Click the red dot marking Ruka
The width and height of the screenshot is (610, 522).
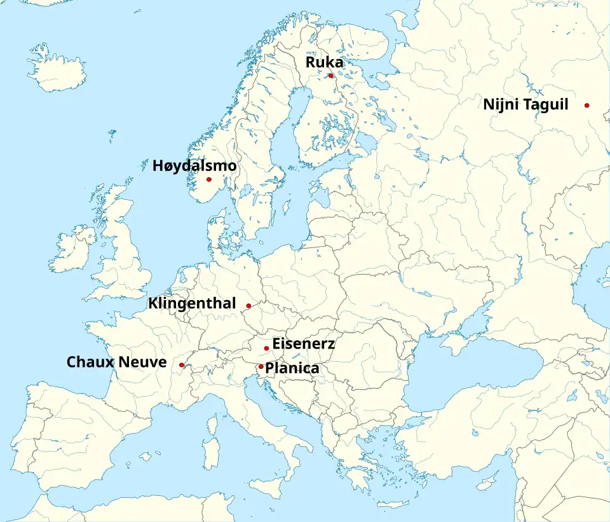(x=330, y=76)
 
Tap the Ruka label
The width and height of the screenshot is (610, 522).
(x=324, y=62)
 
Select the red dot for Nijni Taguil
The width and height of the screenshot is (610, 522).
(x=587, y=105)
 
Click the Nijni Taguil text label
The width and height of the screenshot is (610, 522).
(x=525, y=105)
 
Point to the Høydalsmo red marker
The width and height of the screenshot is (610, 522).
(x=208, y=179)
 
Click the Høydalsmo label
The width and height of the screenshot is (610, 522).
(x=194, y=166)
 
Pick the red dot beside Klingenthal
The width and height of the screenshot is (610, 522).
(x=248, y=306)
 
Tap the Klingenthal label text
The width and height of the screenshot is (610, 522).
(x=192, y=303)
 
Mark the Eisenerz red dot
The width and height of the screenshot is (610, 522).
(x=266, y=348)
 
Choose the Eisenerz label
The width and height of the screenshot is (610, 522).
(x=303, y=344)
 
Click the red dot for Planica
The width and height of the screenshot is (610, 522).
(x=261, y=366)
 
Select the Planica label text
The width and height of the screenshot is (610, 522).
(x=292, y=368)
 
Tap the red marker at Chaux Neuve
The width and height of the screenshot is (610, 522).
(x=182, y=365)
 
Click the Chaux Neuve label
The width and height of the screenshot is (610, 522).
(x=117, y=362)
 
